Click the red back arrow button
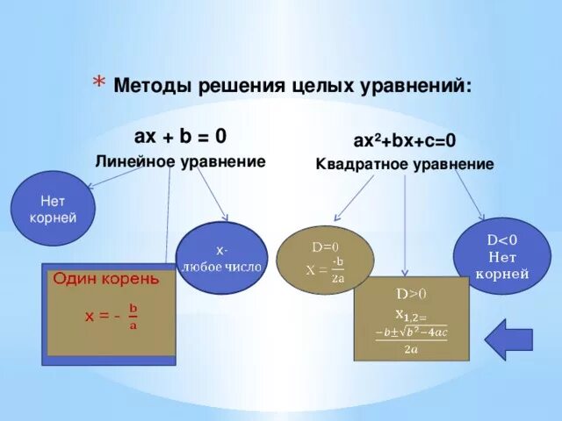point(508,339)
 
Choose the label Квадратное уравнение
point(405,164)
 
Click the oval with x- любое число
point(221,258)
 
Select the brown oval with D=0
point(325,259)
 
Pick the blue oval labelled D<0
point(501,255)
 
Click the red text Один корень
point(106,279)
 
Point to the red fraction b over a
point(133,316)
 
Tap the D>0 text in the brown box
point(410,294)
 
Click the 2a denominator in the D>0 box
point(410,348)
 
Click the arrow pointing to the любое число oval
point(212,195)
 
